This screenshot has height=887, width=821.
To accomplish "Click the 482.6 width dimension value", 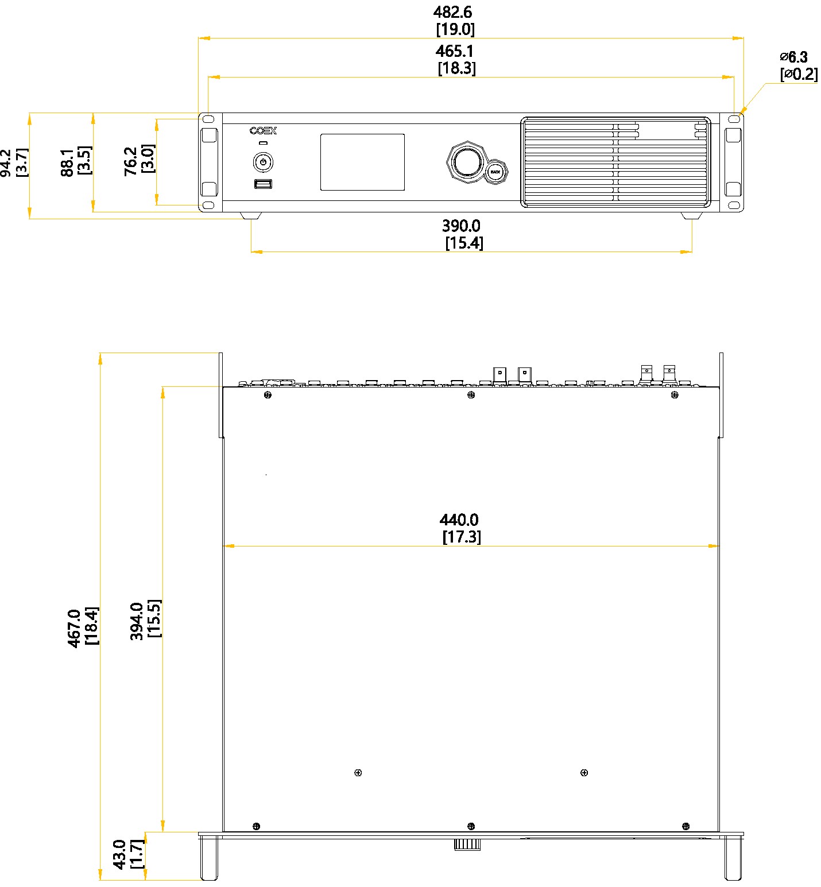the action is click(x=453, y=12).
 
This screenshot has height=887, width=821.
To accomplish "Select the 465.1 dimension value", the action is click(x=455, y=51).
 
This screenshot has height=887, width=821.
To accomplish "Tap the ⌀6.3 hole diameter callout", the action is click(x=794, y=57).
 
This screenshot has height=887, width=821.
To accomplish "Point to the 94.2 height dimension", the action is click(x=5, y=162).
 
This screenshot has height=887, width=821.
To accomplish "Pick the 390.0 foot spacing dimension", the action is click(x=461, y=226).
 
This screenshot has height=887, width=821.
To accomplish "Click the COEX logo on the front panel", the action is click(x=263, y=131).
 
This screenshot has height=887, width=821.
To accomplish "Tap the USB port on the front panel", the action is click(x=263, y=184).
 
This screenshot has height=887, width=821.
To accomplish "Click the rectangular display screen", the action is click(x=362, y=162).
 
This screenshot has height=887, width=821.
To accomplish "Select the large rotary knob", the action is click(x=466, y=161).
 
